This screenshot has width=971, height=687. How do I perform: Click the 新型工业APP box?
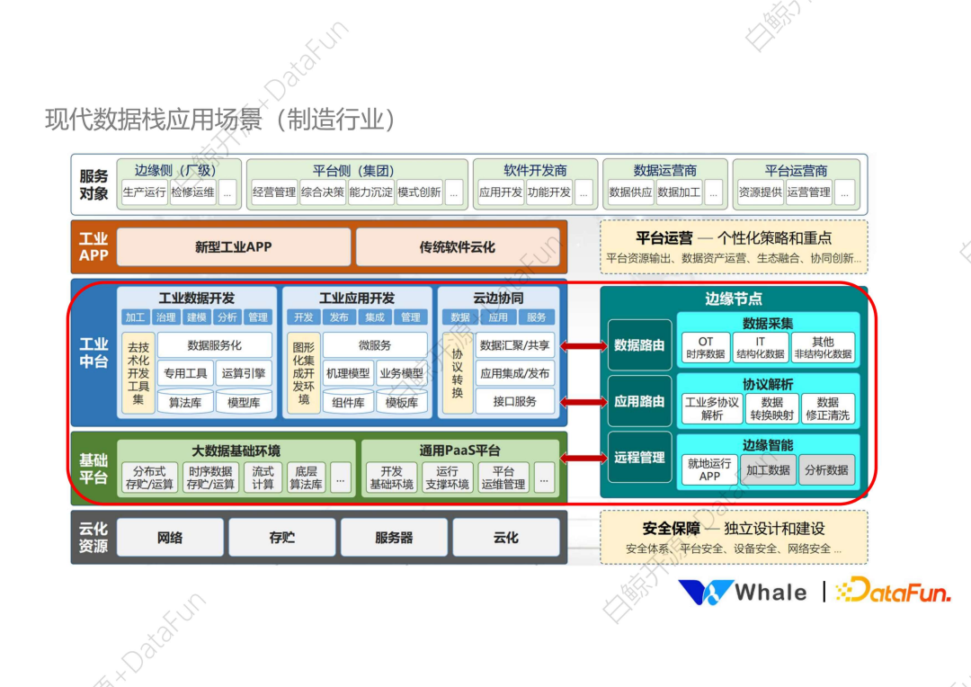point(234,247)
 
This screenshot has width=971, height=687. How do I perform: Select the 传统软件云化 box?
point(457,247)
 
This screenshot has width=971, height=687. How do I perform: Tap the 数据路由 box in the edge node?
point(639,344)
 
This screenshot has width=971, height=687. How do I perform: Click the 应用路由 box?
point(639,401)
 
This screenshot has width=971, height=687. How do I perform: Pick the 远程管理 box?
point(639,458)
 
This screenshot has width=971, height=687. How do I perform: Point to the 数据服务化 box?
point(215,344)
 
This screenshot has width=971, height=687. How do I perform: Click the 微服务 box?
point(375,344)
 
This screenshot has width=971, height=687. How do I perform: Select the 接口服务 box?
point(514,401)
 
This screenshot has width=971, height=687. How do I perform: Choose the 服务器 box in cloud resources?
point(394,538)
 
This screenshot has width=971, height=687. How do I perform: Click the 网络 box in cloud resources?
point(170,538)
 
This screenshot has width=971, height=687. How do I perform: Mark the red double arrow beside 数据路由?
point(583,344)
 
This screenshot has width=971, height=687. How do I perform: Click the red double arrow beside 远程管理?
point(583,459)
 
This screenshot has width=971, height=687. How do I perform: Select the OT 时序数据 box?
point(705,347)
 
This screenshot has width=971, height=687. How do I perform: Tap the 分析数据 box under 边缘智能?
point(826,469)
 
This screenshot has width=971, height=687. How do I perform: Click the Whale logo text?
point(770,592)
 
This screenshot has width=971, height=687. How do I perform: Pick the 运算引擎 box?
point(244,373)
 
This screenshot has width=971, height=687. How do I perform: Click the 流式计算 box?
point(263,477)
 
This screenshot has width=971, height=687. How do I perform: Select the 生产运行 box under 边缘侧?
point(144,192)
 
